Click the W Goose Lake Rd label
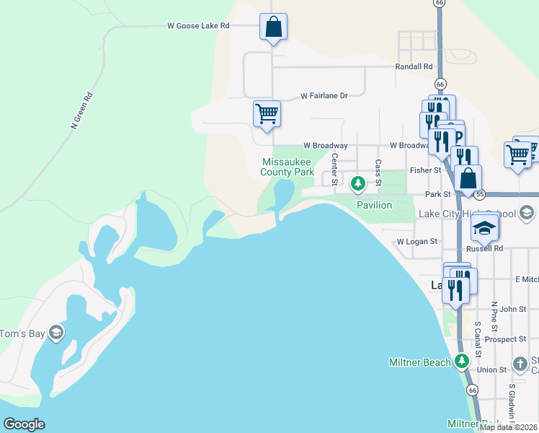tap(198, 25)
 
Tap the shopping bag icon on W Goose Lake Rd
tap(273, 27)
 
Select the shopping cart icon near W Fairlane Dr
tap(267, 114)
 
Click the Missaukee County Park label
tap(288, 167)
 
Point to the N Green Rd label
tap(83, 110)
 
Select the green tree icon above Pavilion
tap(357, 185)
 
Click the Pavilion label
tap(375, 206)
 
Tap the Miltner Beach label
tap(419, 362)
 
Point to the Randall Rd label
tap(413, 66)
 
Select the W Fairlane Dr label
tap(324, 95)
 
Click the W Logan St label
tap(416, 242)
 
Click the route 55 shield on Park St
tap(480, 194)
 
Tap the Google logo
tap(24, 424)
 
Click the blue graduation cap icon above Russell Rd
tap(484, 229)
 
